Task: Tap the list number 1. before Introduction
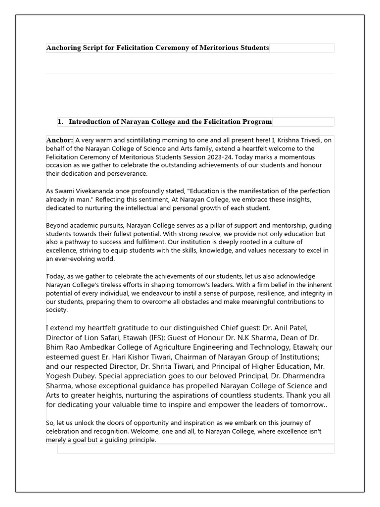61,122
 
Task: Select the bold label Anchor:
60,140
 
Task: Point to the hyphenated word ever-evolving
73,259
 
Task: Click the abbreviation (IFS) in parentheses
171,338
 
